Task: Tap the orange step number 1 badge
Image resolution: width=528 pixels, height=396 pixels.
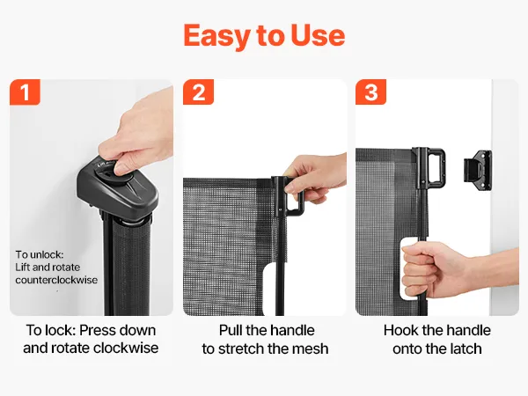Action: click(25, 92)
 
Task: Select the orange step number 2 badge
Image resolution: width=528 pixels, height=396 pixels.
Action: click(198, 92)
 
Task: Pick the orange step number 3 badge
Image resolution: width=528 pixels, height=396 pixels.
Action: click(370, 92)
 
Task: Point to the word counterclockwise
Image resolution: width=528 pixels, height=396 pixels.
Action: click(56, 280)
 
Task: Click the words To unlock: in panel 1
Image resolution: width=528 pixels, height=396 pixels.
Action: click(40, 254)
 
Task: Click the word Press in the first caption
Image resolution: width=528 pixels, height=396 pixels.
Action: click(96, 330)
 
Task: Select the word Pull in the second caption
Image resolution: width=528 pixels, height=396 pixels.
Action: click(231, 330)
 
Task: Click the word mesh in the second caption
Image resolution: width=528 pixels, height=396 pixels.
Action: click(310, 348)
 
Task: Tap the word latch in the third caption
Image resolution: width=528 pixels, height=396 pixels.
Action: click(464, 348)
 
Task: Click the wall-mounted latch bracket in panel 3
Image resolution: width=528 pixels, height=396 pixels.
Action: click(478, 171)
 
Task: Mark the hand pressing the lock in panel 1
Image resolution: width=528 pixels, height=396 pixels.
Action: click(138, 135)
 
